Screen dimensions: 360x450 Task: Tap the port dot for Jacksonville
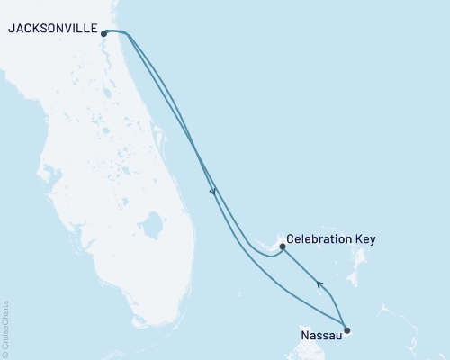click(104, 34)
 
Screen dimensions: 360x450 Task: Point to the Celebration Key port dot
click(283, 246)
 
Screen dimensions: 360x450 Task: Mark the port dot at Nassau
click(347, 330)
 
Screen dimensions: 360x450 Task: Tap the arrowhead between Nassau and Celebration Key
click(319, 284)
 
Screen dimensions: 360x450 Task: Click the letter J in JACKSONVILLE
click(10, 29)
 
